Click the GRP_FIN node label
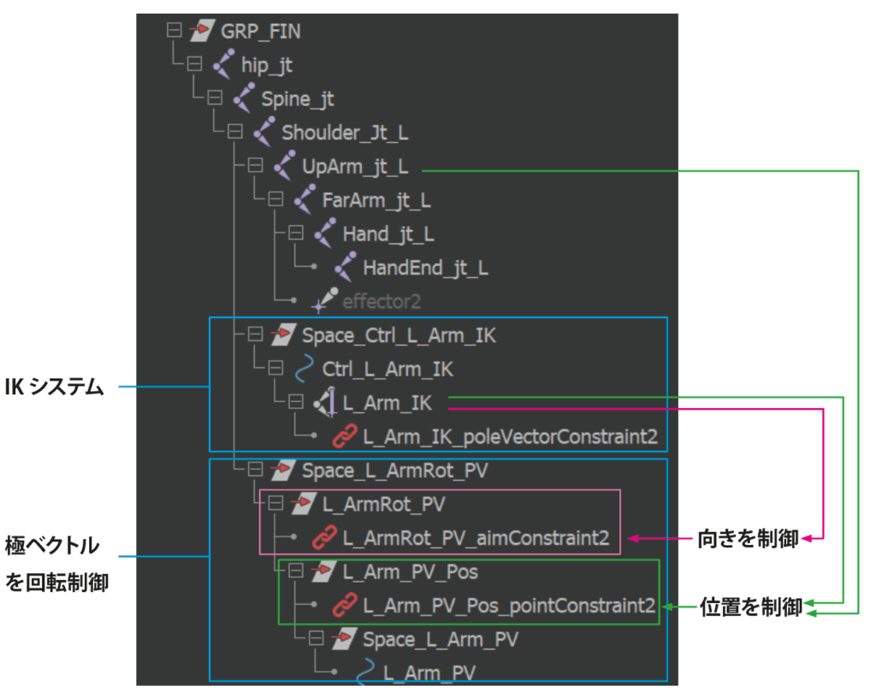tap(261, 32)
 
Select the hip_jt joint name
tap(267, 66)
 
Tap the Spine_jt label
tap(298, 99)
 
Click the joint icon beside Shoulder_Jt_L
tap(263, 133)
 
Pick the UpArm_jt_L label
tap(355, 166)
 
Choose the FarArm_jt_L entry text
tap(376, 200)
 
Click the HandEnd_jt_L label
tap(425, 268)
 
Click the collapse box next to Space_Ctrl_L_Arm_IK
tap(255, 335)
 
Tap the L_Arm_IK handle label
tap(388, 403)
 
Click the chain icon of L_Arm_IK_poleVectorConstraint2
tap(345, 436)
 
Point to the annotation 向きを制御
tap(748, 538)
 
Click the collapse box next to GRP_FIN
tap(175, 31)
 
